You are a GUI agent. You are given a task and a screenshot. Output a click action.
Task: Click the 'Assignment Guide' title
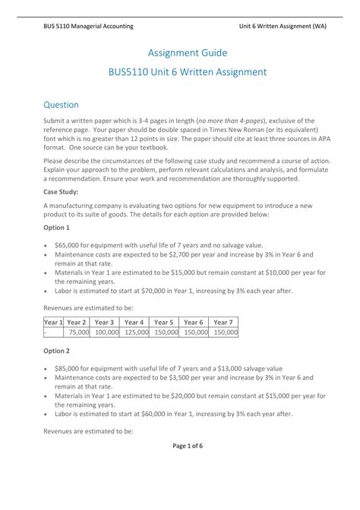pos(180,52)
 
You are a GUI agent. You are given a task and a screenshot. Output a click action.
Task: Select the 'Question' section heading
pos(61,104)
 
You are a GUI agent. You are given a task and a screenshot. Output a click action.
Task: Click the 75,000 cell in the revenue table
pos(78,332)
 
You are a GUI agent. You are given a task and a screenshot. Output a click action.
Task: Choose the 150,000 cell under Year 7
pos(224,332)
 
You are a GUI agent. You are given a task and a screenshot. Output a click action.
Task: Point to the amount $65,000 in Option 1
pos(69,247)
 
